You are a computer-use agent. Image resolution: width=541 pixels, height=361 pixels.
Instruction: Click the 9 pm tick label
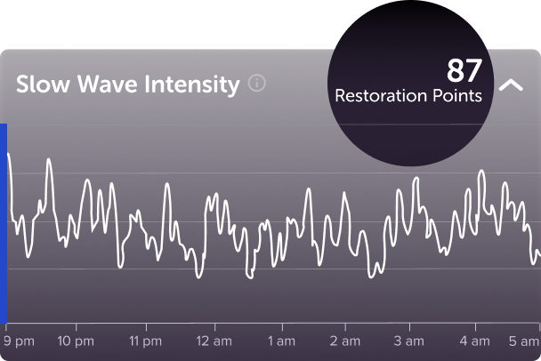[x=18, y=341]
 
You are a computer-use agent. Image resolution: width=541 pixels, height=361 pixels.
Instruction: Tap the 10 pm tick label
[x=76, y=341]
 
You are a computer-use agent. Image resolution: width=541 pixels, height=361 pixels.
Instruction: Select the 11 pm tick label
[x=145, y=341]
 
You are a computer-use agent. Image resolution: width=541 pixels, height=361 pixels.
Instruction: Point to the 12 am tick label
[x=214, y=341]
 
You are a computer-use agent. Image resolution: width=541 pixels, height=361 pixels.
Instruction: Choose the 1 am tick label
[x=281, y=341]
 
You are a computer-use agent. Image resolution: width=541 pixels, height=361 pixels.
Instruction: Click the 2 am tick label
[x=345, y=341]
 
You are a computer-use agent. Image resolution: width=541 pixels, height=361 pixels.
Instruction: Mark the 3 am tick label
[x=409, y=341]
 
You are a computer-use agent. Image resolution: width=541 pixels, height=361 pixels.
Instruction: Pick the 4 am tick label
[x=475, y=341]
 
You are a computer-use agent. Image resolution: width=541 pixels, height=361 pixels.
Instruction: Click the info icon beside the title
[x=257, y=84]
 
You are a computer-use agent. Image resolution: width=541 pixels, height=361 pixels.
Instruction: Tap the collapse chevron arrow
[x=511, y=85]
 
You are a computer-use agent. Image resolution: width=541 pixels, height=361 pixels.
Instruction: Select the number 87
[x=464, y=70]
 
